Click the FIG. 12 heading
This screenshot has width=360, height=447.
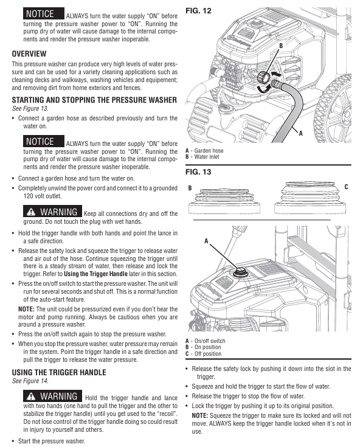pos(198,11)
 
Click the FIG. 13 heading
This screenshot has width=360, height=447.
pos(198,172)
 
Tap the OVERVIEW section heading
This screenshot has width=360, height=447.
pos(29,54)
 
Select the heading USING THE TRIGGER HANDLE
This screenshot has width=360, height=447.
pos(59,373)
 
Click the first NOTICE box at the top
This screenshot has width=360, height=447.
pos(44,13)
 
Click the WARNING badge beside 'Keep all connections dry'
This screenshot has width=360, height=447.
pos(52,212)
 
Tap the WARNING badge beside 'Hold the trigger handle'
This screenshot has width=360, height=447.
pos(52,396)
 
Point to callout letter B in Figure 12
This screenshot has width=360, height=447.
pos(281,46)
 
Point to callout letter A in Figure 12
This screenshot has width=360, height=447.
pos(301,133)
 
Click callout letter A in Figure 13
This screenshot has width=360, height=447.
pos(206,241)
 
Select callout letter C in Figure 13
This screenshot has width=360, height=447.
pos(346,187)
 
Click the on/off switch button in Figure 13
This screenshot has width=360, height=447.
pos(240,272)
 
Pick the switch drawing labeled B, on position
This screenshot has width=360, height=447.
pos(224,201)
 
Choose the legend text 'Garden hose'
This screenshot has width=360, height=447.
pos(209,151)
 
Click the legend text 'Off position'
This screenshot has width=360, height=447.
pos(208,354)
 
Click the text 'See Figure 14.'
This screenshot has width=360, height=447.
pos(30,381)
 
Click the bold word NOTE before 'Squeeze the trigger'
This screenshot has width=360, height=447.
pos(200,415)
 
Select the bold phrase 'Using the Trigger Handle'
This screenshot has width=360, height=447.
pos(95,274)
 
